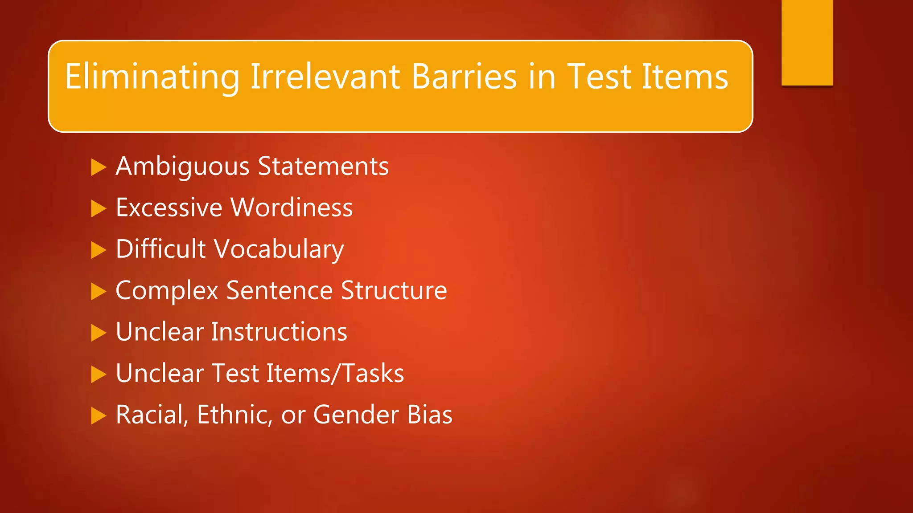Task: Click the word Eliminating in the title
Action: click(x=152, y=77)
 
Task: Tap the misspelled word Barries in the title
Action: click(x=464, y=77)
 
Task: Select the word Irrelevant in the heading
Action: click(x=325, y=77)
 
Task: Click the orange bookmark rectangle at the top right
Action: click(x=807, y=42)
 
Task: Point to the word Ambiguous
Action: click(x=182, y=167)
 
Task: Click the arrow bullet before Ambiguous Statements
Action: click(x=98, y=167)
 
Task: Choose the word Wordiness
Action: click(x=292, y=208)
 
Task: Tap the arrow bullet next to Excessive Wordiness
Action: click(x=98, y=208)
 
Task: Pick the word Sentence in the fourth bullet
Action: click(x=279, y=290)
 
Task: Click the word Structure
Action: click(x=394, y=290)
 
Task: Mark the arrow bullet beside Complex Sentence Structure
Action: click(x=98, y=292)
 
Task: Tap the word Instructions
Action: click(x=279, y=332)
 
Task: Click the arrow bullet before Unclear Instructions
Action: click(x=98, y=333)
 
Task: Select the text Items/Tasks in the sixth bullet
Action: click(x=335, y=373)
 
